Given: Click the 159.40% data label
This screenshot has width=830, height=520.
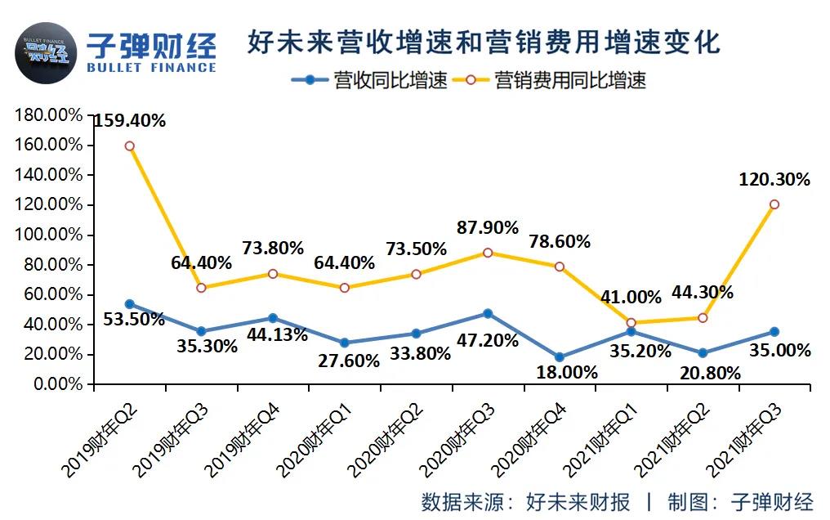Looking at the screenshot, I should tap(129, 121).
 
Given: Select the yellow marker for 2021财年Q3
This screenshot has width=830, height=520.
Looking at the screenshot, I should tap(774, 204).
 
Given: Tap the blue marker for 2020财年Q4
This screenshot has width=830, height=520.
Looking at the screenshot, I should tap(559, 357).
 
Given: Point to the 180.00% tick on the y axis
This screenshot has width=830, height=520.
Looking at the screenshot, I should tap(49, 115).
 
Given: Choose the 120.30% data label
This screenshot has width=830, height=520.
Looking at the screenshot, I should tap(774, 179).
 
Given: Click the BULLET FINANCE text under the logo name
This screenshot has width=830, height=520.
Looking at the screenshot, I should tap(151, 67).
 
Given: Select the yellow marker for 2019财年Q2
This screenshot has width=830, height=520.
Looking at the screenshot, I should tap(129, 146).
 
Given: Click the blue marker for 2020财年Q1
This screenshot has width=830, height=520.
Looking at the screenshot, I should tap(344, 343).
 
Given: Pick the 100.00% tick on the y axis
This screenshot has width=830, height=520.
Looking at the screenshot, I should tap(49, 235).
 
